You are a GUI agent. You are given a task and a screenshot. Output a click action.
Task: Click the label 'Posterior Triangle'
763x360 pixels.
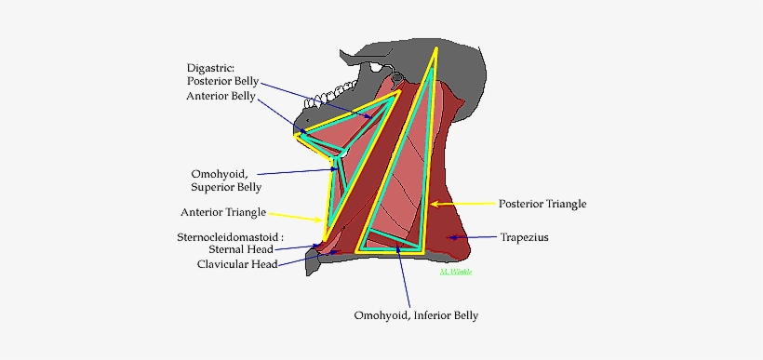(x=542, y=203)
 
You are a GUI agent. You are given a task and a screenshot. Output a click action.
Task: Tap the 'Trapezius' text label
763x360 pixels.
(x=524, y=237)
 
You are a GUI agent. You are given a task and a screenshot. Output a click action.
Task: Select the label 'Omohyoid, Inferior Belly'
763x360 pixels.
(x=415, y=316)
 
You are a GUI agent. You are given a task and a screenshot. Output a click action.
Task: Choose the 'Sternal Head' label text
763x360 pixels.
(x=240, y=249)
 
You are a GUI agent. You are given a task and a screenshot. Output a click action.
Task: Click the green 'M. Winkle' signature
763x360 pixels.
(x=458, y=271)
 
